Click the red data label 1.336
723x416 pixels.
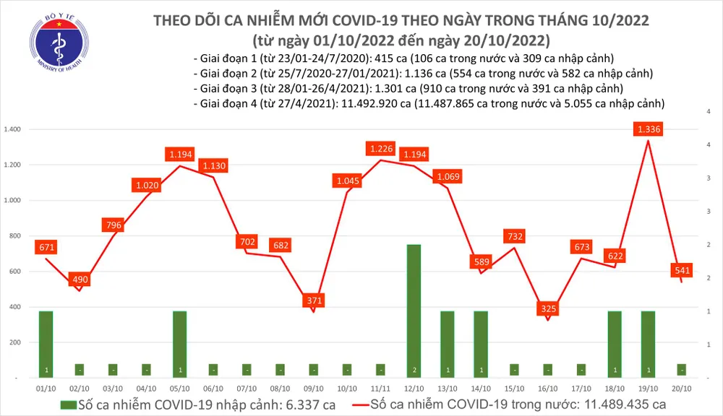pos(648,129)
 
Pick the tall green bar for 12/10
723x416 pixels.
pos(414,311)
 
